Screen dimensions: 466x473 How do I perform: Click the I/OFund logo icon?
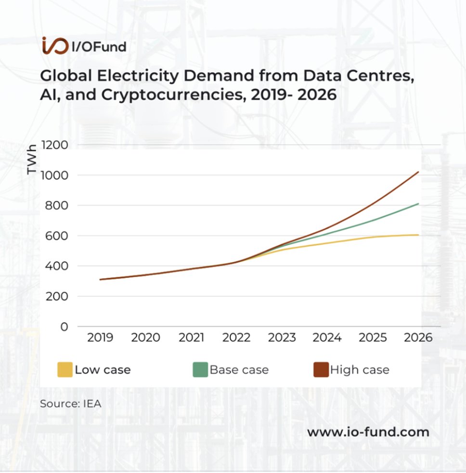point(55,46)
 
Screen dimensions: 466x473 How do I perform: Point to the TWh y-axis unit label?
point(31,159)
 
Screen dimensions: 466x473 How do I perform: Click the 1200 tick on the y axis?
point(54,145)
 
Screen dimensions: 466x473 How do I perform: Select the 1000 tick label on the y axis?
point(54,175)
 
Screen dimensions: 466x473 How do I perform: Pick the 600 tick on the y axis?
point(57,236)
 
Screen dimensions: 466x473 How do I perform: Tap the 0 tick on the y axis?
point(64,327)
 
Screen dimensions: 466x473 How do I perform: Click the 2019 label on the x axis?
point(100,337)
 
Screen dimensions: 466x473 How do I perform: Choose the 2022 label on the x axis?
point(236,337)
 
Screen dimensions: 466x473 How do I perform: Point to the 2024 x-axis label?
point(327,337)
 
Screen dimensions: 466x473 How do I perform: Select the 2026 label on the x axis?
point(418,337)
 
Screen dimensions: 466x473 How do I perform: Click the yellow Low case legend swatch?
point(65,370)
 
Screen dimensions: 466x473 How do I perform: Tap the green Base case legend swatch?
point(200,370)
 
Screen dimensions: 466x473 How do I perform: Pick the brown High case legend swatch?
point(321,370)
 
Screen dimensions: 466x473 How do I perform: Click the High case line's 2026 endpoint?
point(418,172)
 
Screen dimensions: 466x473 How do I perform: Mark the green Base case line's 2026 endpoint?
point(418,204)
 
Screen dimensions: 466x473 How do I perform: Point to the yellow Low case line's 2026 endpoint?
point(418,235)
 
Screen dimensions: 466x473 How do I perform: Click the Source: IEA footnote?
point(71,404)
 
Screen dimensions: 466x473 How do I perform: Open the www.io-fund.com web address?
point(368,432)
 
